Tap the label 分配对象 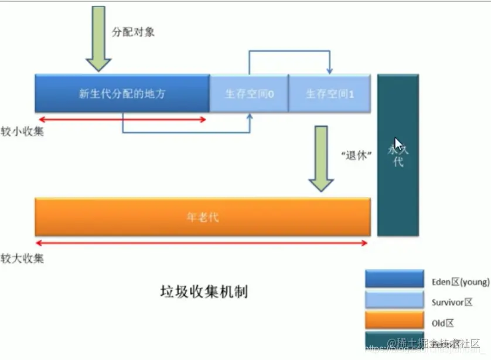(x=133, y=32)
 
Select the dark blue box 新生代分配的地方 (x=122, y=93)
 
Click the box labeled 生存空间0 (x=249, y=93)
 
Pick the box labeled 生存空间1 (x=329, y=93)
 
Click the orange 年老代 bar (x=202, y=217)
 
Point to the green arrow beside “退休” (x=321, y=158)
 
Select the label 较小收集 (x=22, y=132)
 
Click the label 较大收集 (x=22, y=258)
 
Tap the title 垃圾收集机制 (x=204, y=291)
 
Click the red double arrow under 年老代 (x=202, y=242)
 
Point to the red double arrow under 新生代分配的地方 (x=122, y=120)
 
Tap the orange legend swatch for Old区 (x=394, y=320)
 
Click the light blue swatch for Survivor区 (x=394, y=300)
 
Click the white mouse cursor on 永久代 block (x=398, y=145)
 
